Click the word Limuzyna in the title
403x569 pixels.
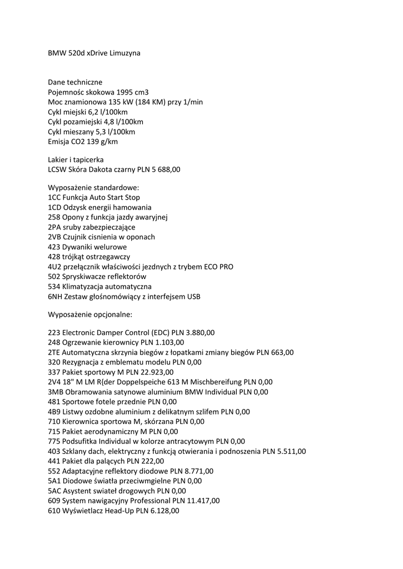coord(126,53)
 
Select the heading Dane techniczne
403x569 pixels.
coord(75,82)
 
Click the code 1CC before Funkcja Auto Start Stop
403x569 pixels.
coord(54,197)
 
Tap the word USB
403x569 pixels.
coord(193,297)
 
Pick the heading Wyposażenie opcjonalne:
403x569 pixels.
coord(90,315)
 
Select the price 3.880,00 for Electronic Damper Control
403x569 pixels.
coord(199,332)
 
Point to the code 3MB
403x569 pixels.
coord(55,392)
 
